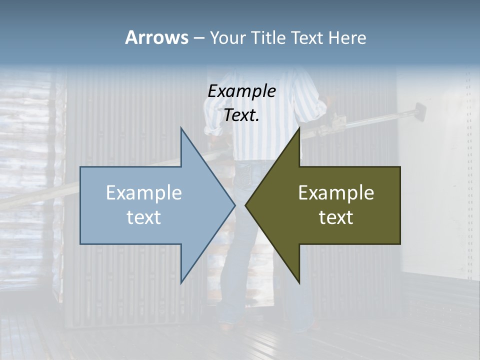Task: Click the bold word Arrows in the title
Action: point(156,37)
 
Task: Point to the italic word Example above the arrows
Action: point(241,91)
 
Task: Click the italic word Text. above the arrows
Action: point(241,115)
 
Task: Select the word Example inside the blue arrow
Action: point(144,193)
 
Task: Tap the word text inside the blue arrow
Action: point(144,217)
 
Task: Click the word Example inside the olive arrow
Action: point(336,193)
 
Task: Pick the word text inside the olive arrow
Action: point(336,217)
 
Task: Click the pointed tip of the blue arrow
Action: point(235,205)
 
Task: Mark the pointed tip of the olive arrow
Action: point(245,205)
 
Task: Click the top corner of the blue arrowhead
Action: point(181,128)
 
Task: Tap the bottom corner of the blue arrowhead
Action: point(181,283)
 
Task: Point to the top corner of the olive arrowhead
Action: point(299,128)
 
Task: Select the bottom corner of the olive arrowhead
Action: point(299,283)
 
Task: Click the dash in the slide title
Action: point(198,38)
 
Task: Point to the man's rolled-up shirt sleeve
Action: point(213,129)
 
